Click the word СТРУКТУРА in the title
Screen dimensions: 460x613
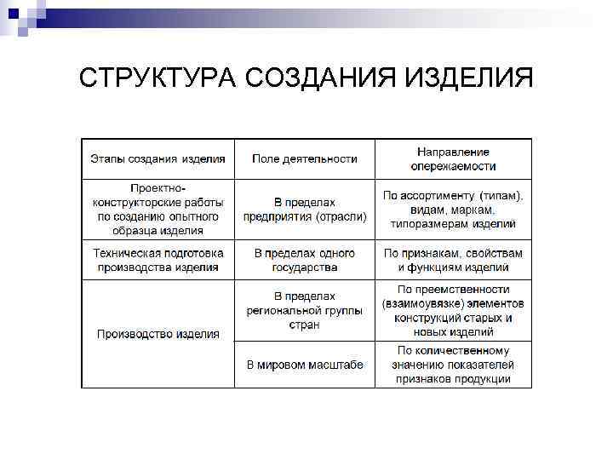(x=157, y=79)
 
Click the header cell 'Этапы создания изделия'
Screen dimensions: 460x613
(x=158, y=158)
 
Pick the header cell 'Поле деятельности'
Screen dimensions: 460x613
(x=304, y=158)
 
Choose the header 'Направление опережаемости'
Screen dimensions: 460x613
(x=453, y=158)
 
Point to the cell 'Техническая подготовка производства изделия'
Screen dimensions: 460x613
(x=158, y=260)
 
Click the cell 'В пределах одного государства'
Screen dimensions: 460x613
(x=304, y=260)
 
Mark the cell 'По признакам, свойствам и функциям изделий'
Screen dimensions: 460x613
(x=453, y=260)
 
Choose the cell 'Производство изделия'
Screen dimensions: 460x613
(x=158, y=334)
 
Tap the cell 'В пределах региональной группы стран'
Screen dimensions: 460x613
(x=304, y=310)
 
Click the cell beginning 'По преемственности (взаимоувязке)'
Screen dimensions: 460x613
(x=453, y=310)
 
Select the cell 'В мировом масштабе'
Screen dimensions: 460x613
(x=304, y=365)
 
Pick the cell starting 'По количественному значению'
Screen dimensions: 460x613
(x=453, y=365)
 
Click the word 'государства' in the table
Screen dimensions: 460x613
(x=304, y=267)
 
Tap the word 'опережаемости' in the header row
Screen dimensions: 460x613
(x=453, y=166)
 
